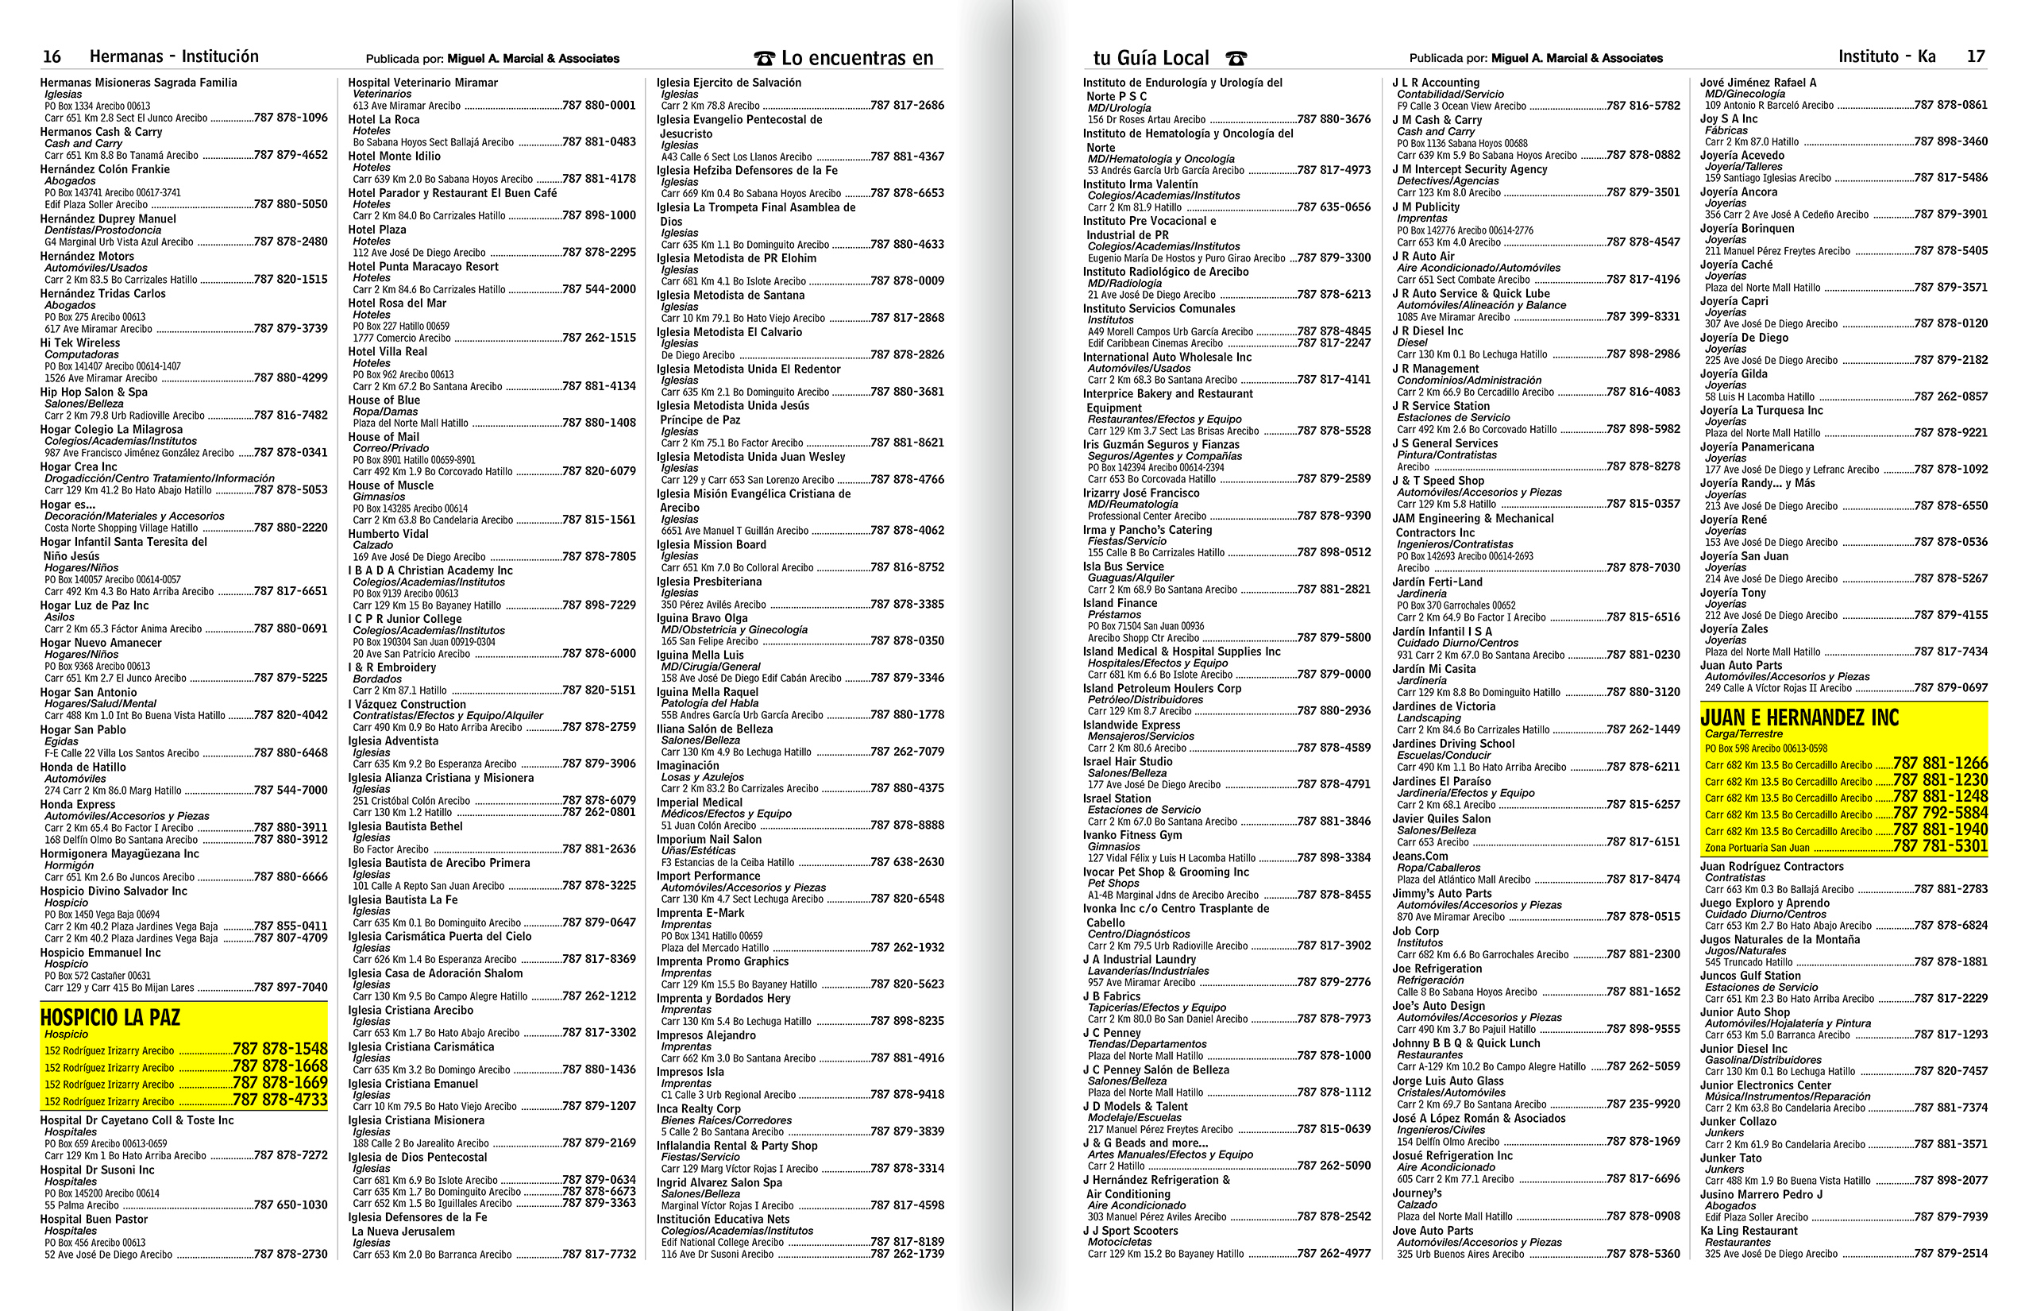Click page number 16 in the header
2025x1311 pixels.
click(52, 57)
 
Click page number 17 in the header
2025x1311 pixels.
click(1977, 57)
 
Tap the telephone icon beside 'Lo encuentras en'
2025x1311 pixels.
click(764, 59)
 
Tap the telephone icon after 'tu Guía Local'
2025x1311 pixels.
click(1236, 59)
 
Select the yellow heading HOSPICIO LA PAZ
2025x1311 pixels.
click(110, 1017)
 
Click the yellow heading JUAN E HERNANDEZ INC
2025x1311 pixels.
click(1799, 717)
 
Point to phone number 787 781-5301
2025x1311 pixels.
click(1940, 846)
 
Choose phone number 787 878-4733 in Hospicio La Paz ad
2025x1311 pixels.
click(280, 1100)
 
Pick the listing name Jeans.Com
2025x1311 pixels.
click(1420, 857)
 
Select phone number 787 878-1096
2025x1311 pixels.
click(290, 118)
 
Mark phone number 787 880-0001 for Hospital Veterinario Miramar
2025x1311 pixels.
click(599, 106)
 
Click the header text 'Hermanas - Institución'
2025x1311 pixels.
click(174, 57)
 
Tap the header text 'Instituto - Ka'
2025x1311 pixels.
click(1886, 57)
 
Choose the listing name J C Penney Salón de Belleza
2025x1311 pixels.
click(1155, 1070)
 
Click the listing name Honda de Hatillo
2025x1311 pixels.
click(83, 767)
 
